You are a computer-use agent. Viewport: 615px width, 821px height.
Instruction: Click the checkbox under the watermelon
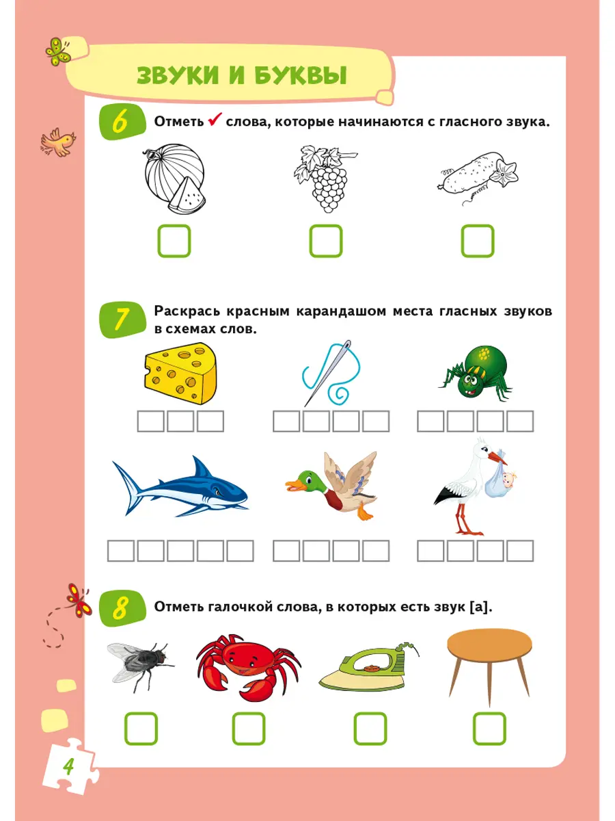pos(174,241)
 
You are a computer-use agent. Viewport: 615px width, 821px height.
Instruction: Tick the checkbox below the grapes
pos(326,241)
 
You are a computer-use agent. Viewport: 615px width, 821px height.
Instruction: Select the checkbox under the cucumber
pos(478,241)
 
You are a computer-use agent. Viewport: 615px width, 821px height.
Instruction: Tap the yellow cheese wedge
pos(180,374)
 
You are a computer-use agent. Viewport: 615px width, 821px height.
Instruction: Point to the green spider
pos(476,373)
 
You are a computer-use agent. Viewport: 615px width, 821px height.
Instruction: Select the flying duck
pos(332,485)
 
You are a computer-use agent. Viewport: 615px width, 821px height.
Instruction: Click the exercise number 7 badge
pos(122,320)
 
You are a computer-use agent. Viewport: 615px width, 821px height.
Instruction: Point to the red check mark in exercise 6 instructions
pos(215,119)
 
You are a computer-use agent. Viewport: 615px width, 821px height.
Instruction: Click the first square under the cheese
pos(150,421)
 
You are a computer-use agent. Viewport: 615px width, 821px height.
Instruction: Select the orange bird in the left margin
pos(58,142)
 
